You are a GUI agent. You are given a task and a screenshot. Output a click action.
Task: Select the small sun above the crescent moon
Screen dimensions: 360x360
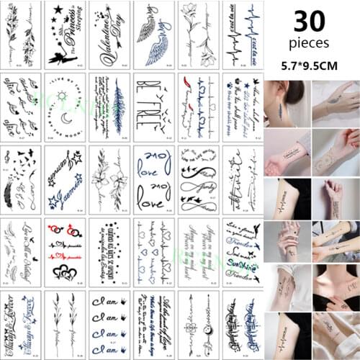(x=64, y=94)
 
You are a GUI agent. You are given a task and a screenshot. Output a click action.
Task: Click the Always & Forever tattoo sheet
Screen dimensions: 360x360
(x=22, y=324)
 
